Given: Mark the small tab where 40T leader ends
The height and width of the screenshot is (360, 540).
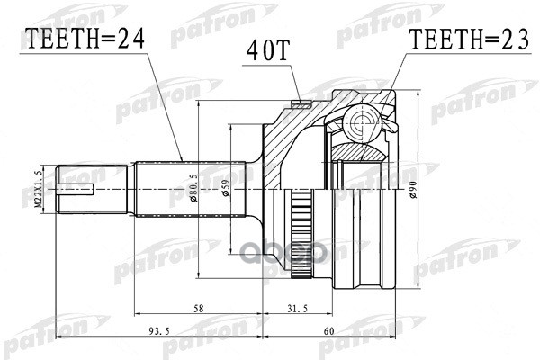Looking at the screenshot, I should pyautogui.click(x=296, y=101).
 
